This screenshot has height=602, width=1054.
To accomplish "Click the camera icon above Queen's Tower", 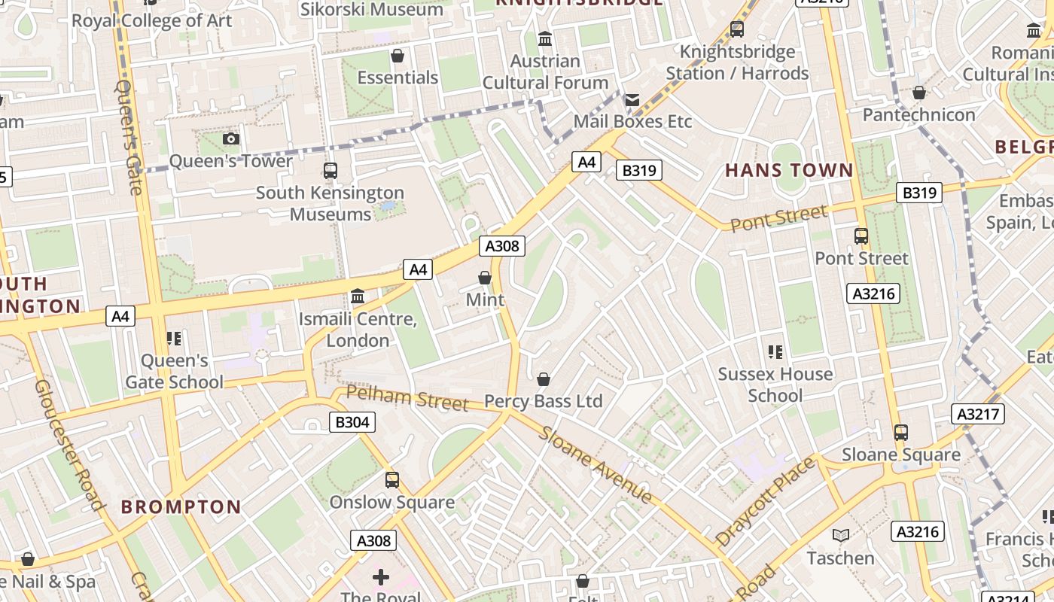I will [x=231, y=138].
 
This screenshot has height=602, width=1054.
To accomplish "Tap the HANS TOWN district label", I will [x=789, y=170].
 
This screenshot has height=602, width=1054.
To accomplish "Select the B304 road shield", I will [x=352, y=422].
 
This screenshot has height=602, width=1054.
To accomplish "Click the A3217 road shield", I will [x=977, y=413].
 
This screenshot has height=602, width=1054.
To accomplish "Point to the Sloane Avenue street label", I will [x=595, y=464].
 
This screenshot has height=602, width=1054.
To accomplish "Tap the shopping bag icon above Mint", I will [x=485, y=278].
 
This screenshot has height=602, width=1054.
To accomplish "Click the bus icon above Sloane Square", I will [x=900, y=433].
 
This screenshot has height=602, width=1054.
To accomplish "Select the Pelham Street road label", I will [x=407, y=397].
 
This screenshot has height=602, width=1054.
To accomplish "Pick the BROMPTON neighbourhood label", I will [x=181, y=506].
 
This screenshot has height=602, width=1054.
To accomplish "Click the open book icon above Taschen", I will [x=840, y=535].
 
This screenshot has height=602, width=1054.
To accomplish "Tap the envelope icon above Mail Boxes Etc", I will [x=632, y=99].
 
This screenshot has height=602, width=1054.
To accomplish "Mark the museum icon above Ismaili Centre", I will [x=358, y=296].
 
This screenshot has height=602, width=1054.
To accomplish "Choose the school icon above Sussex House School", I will [x=775, y=351].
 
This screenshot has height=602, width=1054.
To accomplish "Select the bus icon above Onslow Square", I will [x=391, y=480].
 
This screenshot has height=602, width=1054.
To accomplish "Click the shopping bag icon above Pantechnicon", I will [x=918, y=93].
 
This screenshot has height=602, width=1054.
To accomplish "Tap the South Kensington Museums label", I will [x=330, y=203].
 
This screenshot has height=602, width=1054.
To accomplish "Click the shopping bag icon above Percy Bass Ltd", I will [x=543, y=379].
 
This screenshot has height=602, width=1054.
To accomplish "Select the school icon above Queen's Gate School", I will [x=174, y=339].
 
